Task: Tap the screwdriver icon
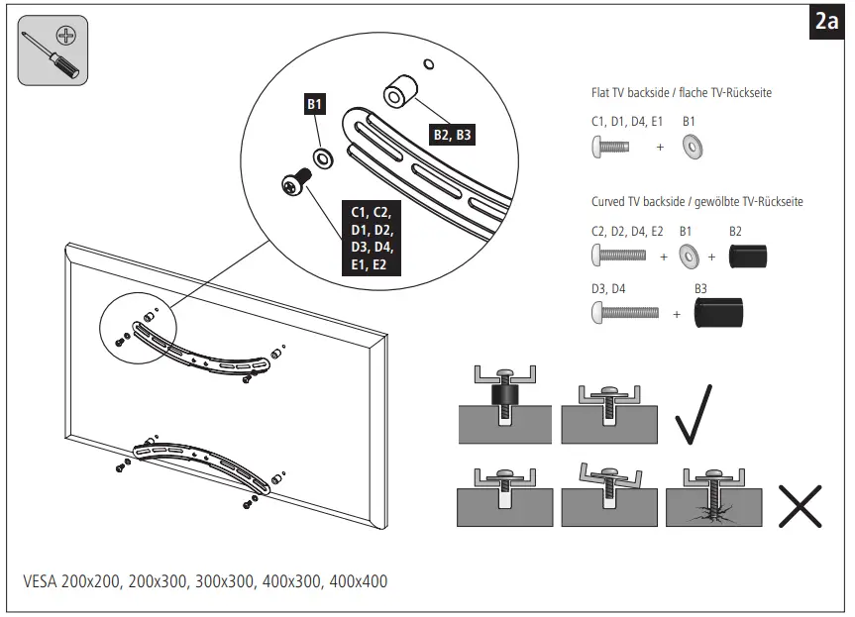click(52, 51)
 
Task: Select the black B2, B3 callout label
click(451, 135)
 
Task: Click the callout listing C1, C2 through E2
click(371, 239)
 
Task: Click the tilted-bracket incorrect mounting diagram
click(608, 494)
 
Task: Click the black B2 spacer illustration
click(748, 257)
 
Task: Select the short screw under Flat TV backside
click(611, 147)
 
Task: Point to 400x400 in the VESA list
click(358, 581)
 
